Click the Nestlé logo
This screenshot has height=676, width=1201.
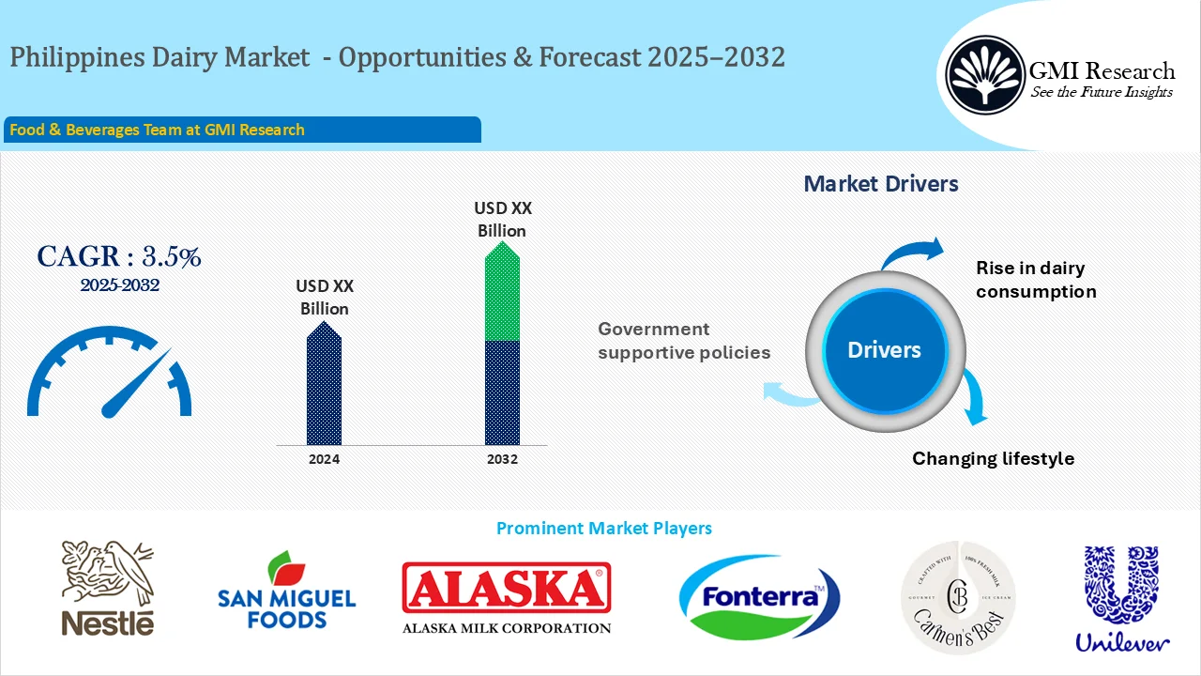coord(107,589)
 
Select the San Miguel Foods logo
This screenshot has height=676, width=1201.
coord(287,591)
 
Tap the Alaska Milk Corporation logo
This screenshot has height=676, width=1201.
coord(507,597)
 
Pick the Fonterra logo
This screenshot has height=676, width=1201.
coord(759,597)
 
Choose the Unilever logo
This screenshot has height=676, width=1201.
coord(1121,598)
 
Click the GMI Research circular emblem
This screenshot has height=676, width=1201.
coord(985,75)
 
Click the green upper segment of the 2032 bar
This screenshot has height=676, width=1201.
coord(502,293)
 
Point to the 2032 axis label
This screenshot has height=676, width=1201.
coord(502,459)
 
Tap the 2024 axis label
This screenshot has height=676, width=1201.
coord(325,459)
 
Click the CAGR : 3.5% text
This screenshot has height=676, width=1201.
coord(119,256)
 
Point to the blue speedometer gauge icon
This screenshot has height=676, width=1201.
coord(110,373)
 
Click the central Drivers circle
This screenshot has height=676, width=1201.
coord(884,350)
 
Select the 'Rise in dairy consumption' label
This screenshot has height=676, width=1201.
coord(1036,280)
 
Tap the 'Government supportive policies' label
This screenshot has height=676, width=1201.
coord(683,341)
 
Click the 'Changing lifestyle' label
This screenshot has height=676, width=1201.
coord(993,458)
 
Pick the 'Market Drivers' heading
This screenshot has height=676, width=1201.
coord(881,184)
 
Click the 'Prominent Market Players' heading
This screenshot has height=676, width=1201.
coord(603,528)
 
